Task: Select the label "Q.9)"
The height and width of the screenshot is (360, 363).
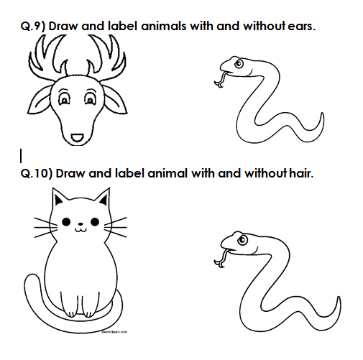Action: point(33,27)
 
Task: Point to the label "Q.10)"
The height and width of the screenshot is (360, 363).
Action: point(37,173)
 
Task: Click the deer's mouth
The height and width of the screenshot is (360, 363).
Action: point(78,138)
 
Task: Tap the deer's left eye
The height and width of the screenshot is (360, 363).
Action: point(64,98)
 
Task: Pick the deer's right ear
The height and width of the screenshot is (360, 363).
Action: point(114,100)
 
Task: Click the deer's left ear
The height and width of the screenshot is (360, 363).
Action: point(39,101)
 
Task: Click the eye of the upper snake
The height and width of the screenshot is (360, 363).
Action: point(239,64)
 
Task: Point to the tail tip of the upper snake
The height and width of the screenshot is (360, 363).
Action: point(322,114)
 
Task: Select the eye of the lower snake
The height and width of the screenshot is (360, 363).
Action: point(242,240)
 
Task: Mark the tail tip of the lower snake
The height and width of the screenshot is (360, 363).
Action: point(339,298)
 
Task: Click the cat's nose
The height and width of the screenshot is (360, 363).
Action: point(81,224)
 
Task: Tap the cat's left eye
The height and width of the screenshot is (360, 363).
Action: point(66,222)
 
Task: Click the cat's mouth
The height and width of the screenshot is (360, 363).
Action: point(81,230)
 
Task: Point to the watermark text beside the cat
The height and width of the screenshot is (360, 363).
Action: point(114,332)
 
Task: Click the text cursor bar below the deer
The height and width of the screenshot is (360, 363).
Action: point(21,156)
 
